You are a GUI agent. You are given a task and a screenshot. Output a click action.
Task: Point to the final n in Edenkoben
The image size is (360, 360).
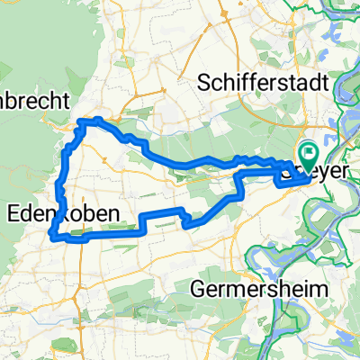coord(93,212)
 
